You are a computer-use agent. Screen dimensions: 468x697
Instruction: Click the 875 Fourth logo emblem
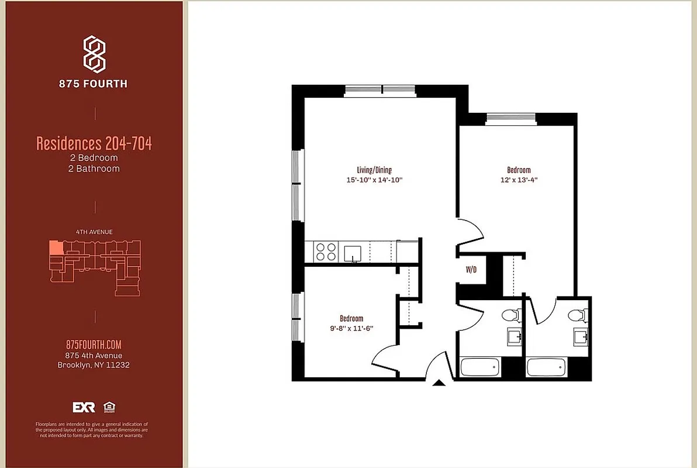(x=94, y=53)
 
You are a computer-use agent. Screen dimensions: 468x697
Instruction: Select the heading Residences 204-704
(x=94, y=143)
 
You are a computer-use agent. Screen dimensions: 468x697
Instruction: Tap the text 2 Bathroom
(x=94, y=168)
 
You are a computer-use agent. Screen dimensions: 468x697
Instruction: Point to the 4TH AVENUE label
(x=94, y=232)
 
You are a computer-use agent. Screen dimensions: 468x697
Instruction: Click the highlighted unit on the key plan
(x=56, y=247)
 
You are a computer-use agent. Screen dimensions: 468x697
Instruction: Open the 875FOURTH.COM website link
(x=94, y=345)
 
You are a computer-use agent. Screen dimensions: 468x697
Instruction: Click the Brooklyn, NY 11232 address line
(x=94, y=365)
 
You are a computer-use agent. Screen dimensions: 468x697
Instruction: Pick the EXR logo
(x=84, y=407)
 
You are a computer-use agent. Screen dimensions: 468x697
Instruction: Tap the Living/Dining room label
(x=374, y=170)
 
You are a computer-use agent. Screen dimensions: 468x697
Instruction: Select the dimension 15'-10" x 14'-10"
(x=374, y=180)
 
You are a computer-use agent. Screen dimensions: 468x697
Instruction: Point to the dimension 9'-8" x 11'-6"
(x=351, y=328)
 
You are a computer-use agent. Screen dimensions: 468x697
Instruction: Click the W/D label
(x=471, y=270)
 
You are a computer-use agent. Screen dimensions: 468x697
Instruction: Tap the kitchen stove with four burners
(x=326, y=252)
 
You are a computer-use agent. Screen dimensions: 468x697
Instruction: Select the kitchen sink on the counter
(x=353, y=253)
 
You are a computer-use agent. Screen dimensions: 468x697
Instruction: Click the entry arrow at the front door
(x=439, y=383)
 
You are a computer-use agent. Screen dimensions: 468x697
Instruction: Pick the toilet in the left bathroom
(x=510, y=315)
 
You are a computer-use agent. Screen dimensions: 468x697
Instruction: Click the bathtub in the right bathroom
(x=546, y=367)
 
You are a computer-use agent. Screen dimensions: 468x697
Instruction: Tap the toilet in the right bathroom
(x=576, y=315)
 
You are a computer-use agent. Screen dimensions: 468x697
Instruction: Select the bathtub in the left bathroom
(x=480, y=367)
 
